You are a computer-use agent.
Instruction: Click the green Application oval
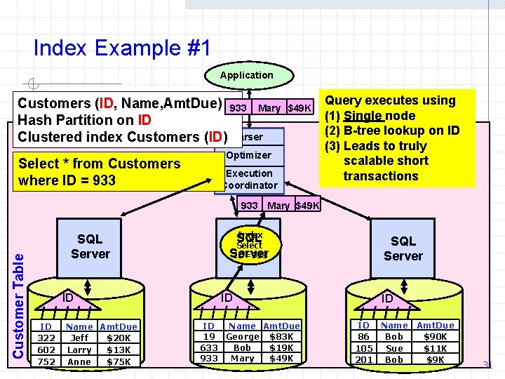click(246, 75)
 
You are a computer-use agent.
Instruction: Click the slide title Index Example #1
click(121, 48)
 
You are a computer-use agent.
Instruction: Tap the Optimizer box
click(249, 155)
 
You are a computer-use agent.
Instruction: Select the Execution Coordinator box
click(249, 179)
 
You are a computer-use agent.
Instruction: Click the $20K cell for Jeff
click(119, 338)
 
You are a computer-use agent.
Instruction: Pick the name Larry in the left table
click(79, 350)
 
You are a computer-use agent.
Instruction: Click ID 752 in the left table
click(46, 362)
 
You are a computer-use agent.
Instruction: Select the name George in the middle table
click(242, 337)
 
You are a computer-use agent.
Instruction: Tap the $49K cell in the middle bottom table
click(281, 359)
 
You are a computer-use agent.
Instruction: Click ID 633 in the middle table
click(209, 347)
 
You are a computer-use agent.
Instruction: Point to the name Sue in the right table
click(394, 349)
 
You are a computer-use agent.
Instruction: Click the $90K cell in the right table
click(436, 338)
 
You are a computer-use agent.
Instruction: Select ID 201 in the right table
click(363, 360)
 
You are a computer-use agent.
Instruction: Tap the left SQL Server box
click(90, 247)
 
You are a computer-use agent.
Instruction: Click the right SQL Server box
click(403, 248)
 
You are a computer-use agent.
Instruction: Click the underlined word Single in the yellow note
click(363, 116)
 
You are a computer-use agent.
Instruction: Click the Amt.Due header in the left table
click(119, 327)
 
